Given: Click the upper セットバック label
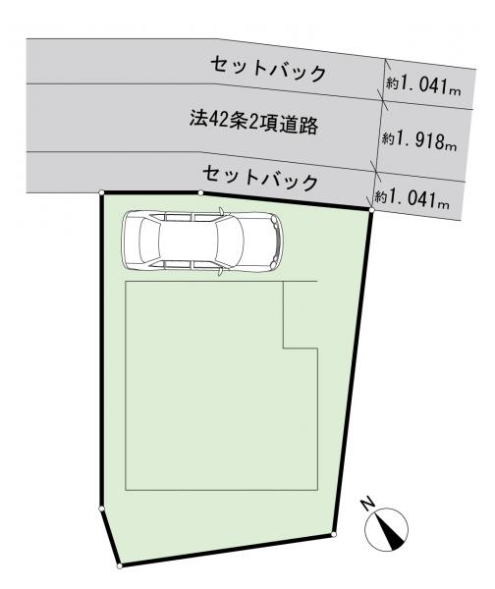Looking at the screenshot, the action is pos(268,69).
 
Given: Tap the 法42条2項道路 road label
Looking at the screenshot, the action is pos(254,123).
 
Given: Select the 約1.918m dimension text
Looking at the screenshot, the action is pos(419,141).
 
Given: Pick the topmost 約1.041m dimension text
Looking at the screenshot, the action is pos(423,84).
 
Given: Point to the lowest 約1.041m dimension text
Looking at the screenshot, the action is pos(412,197).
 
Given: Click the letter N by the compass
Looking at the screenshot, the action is pos(367,503).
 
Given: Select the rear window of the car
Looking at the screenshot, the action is pos(149,241).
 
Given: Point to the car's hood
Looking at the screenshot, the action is pos(259,241).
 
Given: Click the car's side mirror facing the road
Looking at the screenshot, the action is pos(221,211).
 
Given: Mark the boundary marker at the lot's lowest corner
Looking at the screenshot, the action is pos(120,565).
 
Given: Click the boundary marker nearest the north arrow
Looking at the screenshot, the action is pos(334,534).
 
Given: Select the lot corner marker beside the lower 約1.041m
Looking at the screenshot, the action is pos(371,210).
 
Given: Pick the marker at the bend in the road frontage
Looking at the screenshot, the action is pos(200,192).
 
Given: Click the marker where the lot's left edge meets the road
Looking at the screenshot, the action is pos(101,192).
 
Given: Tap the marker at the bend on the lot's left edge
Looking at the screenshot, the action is pos(101,509).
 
